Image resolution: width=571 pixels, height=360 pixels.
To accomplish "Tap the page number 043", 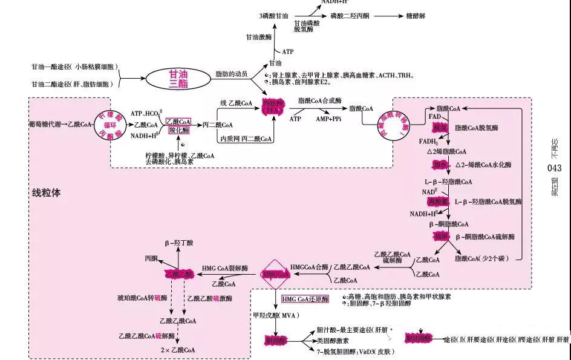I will pyautogui.click(x=554, y=168).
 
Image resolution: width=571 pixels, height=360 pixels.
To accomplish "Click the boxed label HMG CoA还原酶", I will pyautogui.click(x=305, y=299).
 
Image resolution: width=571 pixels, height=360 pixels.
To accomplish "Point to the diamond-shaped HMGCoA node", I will pyautogui.click(x=275, y=273).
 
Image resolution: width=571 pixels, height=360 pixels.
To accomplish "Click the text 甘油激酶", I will pyautogui.click(x=258, y=37).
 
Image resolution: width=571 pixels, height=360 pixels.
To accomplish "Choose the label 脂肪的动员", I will pyautogui.click(x=232, y=74).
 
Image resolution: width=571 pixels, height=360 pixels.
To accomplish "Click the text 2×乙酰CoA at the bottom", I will pyautogui.click(x=177, y=350).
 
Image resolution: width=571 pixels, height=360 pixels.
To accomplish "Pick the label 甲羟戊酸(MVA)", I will pyautogui.click(x=276, y=315).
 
